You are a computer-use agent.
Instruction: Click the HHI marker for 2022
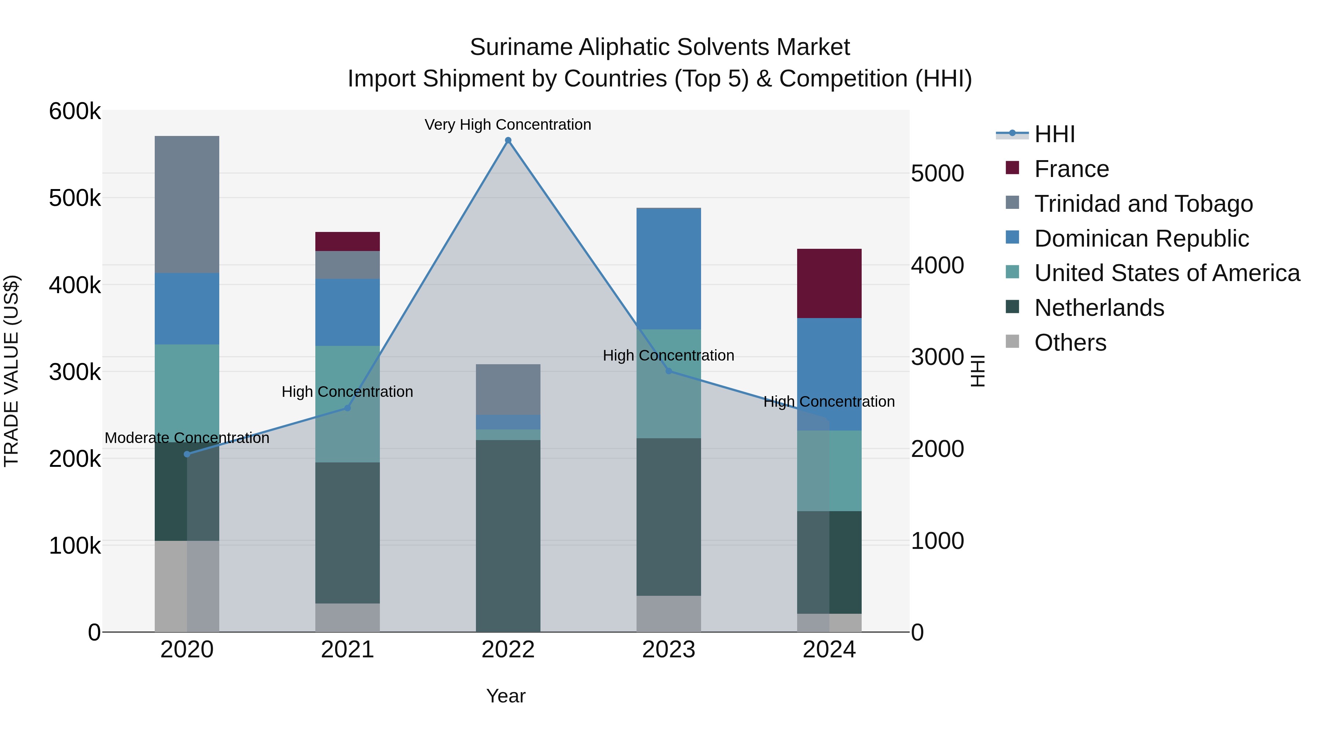(508, 140)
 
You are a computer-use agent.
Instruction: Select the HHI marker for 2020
(187, 454)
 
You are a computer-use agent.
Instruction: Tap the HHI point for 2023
(669, 371)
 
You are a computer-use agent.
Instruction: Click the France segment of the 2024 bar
(829, 283)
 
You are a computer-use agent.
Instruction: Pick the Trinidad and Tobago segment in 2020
(187, 204)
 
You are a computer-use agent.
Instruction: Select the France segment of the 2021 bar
(348, 241)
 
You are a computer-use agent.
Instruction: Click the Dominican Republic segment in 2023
(669, 269)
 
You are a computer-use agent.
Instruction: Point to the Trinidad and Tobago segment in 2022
(508, 389)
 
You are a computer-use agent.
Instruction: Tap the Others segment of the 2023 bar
(669, 613)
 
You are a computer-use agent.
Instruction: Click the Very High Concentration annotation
(508, 125)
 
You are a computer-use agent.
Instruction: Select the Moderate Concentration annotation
(187, 438)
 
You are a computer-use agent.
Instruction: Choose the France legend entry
(1071, 169)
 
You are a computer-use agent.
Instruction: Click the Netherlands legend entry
(1099, 308)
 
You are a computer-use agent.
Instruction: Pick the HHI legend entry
(1055, 134)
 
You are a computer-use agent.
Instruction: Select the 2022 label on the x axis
(508, 650)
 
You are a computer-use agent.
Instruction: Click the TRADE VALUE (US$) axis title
(11, 371)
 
